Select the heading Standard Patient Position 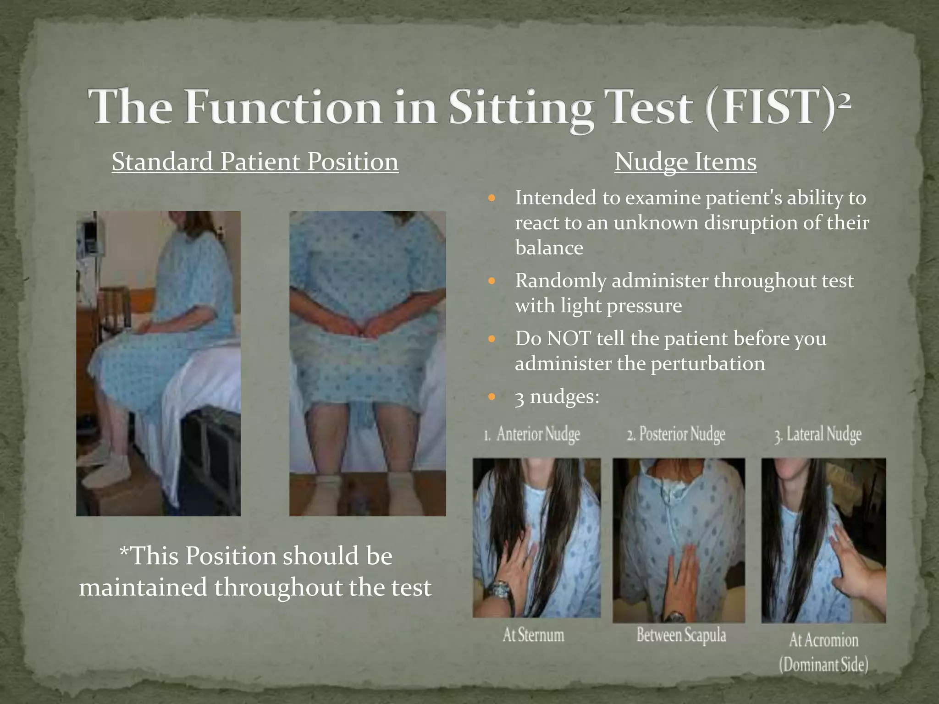pyautogui.click(x=255, y=162)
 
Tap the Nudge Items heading pyautogui.click(x=685, y=162)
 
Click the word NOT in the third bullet pyautogui.click(x=568, y=339)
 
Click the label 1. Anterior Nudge pyautogui.click(x=532, y=434)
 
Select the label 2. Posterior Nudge pyautogui.click(x=676, y=434)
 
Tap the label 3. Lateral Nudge pyautogui.click(x=818, y=434)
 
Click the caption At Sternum pyautogui.click(x=533, y=635)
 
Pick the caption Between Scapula pyautogui.click(x=681, y=635)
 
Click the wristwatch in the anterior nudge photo pyautogui.click(x=501, y=589)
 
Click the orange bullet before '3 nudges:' pyautogui.click(x=492, y=397)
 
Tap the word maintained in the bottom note pyautogui.click(x=143, y=588)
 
